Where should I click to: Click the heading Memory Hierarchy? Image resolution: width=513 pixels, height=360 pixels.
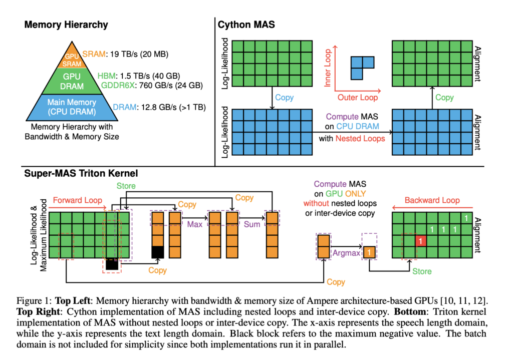pos(66,25)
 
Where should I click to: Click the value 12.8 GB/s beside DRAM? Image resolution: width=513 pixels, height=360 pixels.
pos(156,106)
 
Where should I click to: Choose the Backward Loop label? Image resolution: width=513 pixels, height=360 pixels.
pos(432,200)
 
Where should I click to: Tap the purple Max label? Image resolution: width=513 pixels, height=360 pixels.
pos(195,224)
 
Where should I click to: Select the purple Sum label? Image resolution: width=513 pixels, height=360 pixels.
pos(252,224)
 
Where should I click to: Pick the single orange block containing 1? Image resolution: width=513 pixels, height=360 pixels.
pos(369,252)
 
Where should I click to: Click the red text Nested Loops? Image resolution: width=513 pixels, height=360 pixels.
pos(360,138)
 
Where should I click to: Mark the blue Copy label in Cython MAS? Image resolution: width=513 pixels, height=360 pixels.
pos(284,97)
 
